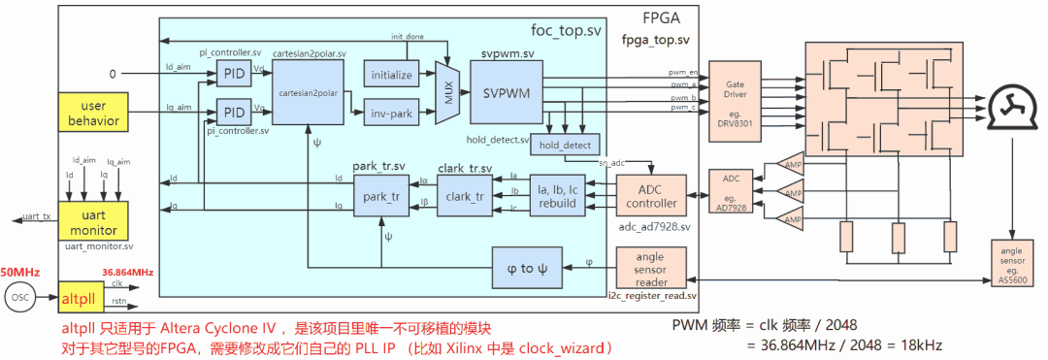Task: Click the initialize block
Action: tap(392, 74)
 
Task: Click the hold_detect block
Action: tap(565, 145)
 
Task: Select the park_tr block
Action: tap(380, 197)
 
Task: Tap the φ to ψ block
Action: tap(527, 268)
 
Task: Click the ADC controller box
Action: tap(652, 196)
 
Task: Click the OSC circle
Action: tap(21, 297)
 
